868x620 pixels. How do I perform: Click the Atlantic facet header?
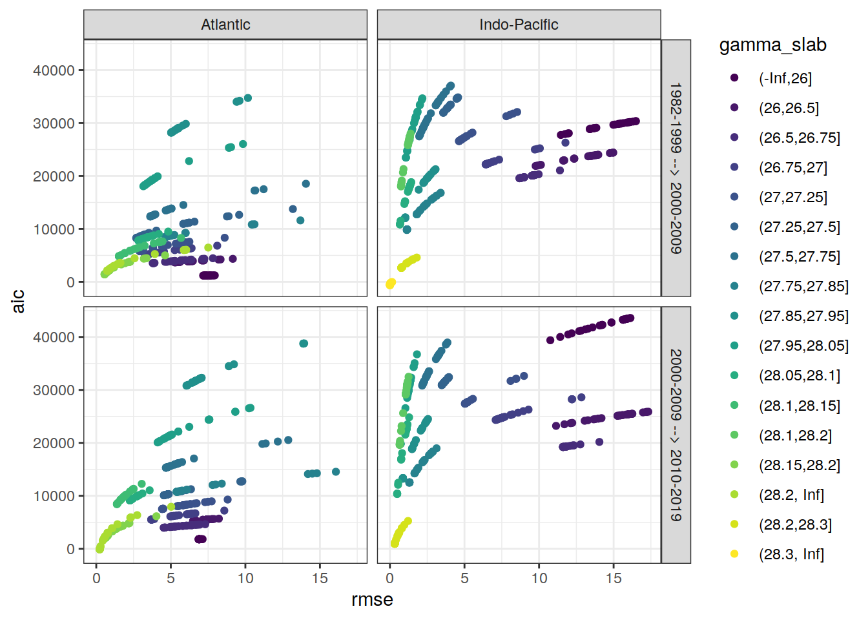[x=225, y=25]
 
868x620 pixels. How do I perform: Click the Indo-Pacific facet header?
[x=519, y=25]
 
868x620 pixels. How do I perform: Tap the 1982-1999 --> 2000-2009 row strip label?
[x=676, y=168]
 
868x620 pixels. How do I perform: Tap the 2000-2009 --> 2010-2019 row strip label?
[x=676, y=435]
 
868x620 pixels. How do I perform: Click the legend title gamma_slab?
[x=772, y=45]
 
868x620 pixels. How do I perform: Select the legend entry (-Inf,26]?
[x=785, y=78]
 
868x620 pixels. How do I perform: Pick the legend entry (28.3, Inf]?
[x=791, y=554]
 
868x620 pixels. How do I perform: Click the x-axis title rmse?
[x=372, y=600]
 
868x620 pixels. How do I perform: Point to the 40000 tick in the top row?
[x=54, y=70]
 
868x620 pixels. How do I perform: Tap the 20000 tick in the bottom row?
[x=54, y=443]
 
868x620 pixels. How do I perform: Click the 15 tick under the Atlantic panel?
[x=320, y=578]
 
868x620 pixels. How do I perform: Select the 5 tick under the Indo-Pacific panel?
[x=464, y=578]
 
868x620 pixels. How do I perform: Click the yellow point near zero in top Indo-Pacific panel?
[x=390, y=284]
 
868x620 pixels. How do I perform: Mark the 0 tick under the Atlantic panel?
[x=96, y=578]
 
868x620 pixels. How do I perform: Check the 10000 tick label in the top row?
[x=54, y=229]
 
